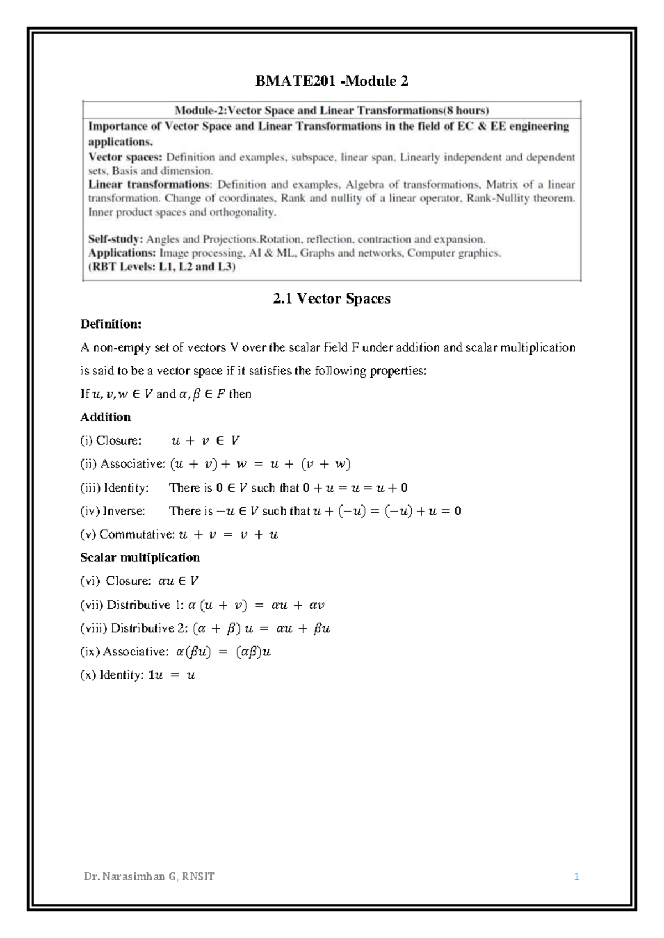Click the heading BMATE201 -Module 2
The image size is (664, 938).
click(331, 82)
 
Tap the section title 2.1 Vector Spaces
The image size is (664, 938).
click(331, 299)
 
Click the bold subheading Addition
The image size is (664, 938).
click(106, 417)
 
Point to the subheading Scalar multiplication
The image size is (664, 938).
click(140, 557)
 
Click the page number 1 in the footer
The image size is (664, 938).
click(576, 877)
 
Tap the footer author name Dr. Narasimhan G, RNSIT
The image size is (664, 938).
click(149, 877)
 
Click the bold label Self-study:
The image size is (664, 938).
click(116, 239)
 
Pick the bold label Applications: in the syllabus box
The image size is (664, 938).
click(122, 253)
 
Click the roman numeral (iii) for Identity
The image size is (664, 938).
click(90, 488)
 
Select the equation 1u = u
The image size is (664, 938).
click(172, 675)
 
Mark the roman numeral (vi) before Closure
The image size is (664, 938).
click(90, 581)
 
